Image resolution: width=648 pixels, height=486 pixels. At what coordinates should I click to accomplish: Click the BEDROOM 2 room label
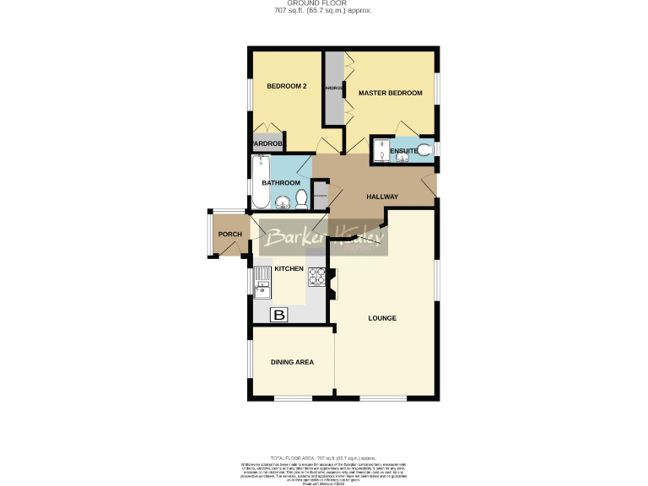(x=286, y=86)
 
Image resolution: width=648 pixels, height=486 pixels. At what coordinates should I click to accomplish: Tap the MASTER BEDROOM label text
(x=390, y=93)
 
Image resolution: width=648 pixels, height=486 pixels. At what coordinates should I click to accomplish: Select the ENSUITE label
(x=404, y=151)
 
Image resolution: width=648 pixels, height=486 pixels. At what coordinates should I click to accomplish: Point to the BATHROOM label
(x=280, y=183)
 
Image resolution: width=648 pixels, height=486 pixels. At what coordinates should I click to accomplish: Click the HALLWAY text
(x=382, y=197)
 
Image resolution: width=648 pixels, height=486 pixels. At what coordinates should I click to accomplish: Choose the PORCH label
(x=230, y=235)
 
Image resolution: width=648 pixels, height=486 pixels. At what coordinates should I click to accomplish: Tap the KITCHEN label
(x=289, y=268)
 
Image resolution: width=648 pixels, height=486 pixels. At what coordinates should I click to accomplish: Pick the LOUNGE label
(x=382, y=318)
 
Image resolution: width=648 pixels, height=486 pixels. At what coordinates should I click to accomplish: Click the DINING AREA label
(x=292, y=362)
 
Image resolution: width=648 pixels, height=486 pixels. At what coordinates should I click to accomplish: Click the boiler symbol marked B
(x=279, y=315)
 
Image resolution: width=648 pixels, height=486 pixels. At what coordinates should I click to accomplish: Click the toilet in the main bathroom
(x=301, y=199)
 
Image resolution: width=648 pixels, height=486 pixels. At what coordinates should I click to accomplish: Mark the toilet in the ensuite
(x=427, y=150)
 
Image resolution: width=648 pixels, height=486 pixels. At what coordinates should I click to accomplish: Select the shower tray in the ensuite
(x=381, y=150)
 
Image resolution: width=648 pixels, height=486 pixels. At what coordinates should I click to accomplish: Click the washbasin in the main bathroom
(x=283, y=201)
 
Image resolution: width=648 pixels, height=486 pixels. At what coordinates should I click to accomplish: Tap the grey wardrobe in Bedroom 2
(x=267, y=142)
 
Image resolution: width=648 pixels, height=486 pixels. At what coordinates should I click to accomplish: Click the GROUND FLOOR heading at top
(x=323, y=3)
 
